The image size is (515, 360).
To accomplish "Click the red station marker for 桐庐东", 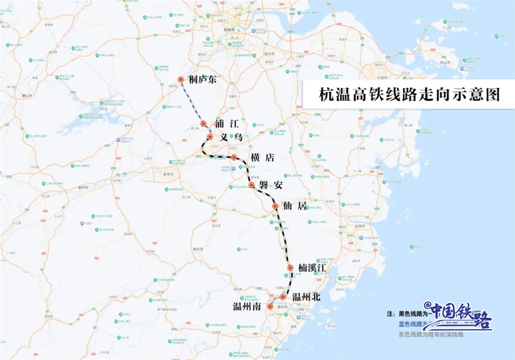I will tap(181, 79).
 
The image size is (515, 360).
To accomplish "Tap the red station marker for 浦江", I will tap(204, 124).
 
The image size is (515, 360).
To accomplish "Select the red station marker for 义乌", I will tap(210, 137).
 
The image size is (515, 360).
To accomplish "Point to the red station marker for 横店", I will tap(234, 158).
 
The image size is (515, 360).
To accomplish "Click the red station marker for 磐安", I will tap(251, 185).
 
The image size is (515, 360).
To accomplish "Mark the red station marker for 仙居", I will tap(276, 207).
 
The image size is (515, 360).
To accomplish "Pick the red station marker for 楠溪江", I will tap(290, 268).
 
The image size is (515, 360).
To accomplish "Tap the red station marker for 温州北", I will tap(283, 297).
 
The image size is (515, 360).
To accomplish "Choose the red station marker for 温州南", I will tap(270, 306).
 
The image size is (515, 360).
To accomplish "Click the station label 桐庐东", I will tap(204, 80).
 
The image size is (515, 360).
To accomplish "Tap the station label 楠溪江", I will tap(313, 267).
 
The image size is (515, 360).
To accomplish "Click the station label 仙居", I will tap(295, 206).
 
